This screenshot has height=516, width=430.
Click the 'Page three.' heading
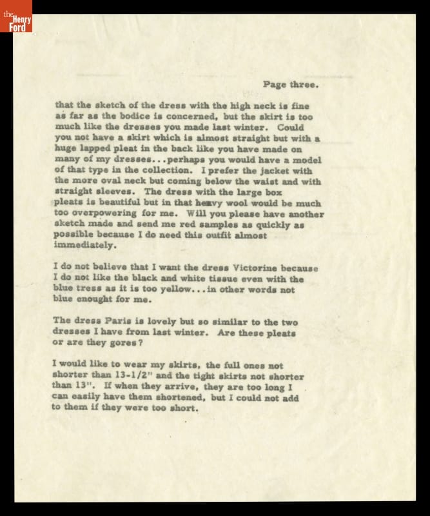tap(292, 83)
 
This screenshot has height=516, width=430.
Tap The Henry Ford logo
tap(16, 16)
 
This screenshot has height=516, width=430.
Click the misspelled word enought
tap(99, 300)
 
